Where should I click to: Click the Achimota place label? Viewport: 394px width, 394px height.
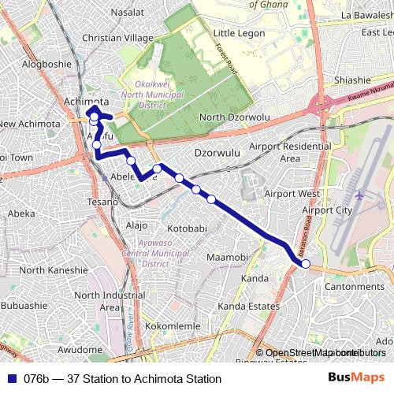(x=86, y=102)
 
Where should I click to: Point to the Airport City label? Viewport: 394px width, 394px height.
(x=327, y=210)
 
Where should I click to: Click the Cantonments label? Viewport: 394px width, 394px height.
(x=354, y=286)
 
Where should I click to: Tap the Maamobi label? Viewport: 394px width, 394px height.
(x=227, y=258)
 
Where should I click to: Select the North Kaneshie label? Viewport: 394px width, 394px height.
(x=54, y=270)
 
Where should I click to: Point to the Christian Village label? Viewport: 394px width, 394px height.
(x=118, y=38)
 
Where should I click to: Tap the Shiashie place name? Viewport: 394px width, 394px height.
(x=351, y=80)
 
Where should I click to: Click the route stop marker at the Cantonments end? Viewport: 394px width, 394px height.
(x=306, y=264)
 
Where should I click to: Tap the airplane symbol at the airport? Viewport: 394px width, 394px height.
(x=359, y=195)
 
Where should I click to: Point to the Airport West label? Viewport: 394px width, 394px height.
(x=292, y=193)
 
